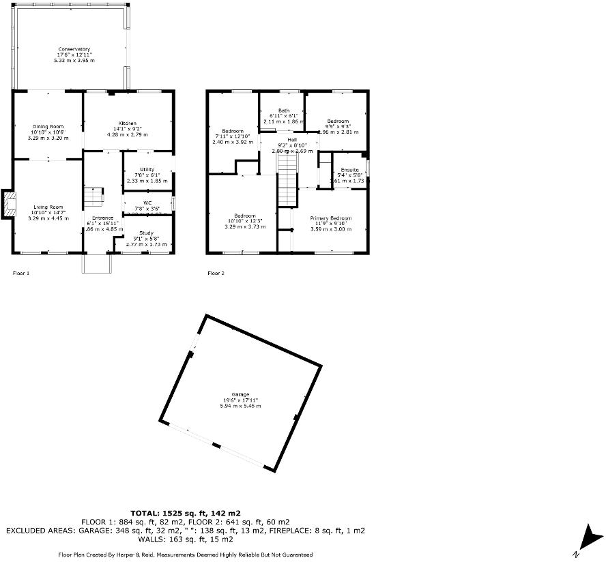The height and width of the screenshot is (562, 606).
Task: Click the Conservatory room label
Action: pos(74,50)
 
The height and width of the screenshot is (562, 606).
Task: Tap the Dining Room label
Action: pos(48,126)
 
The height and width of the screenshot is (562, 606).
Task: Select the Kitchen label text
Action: pos(128,123)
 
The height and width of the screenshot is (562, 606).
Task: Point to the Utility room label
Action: pos(147,169)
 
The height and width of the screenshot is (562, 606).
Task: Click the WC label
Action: pos(147,203)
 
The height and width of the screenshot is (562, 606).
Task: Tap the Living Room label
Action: pos(48,207)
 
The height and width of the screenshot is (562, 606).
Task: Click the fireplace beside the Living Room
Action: pos(8,205)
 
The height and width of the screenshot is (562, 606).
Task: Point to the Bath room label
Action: pos(283,110)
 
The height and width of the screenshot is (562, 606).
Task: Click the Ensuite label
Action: pos(350,169)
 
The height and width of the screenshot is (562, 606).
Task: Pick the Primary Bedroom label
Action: pos(331,218)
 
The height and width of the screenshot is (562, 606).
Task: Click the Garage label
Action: pos(240,394)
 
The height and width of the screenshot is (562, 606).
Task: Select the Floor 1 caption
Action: pos(22,273)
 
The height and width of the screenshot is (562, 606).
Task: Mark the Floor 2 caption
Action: pos(216,273)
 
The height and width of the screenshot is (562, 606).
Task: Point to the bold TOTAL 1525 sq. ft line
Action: pos(185,512)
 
